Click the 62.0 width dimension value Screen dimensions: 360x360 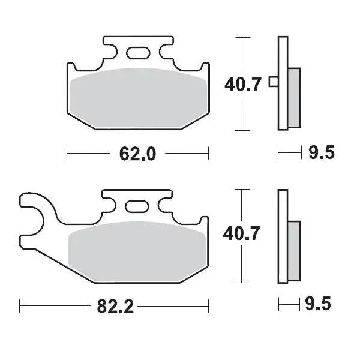(137, 154)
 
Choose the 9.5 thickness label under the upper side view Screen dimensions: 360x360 (321, 154)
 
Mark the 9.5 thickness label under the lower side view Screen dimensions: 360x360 (321, 305)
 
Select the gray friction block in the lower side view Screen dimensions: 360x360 (294, 250)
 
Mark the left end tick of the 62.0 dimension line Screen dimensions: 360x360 (67, 154)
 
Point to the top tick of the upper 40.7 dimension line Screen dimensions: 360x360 (241, 38)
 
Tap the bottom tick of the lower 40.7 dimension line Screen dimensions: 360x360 (241, 283)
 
